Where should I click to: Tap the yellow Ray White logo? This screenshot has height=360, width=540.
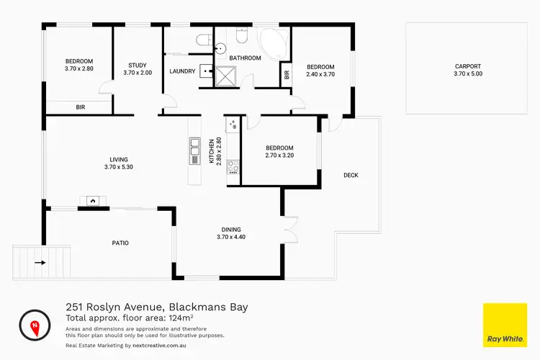click(x=503, y=325)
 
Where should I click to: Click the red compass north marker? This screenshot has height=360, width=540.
click(x=34, y=326)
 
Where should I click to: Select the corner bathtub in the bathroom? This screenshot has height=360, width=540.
click(x=271, y=42)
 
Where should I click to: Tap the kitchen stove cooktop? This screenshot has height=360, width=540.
click(x=233, y=167)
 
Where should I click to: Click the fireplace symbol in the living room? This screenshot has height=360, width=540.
click(x=92, y=201)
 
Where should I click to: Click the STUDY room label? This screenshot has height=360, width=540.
click(x=137, y=64)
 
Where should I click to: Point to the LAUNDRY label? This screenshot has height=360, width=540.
click(x=182, y=71)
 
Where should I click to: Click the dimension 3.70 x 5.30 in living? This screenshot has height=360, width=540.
click(x=118, y=167)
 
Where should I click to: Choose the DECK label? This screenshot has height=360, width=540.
click(x=351, y=175)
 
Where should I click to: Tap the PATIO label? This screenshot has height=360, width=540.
click(x=120, y=243)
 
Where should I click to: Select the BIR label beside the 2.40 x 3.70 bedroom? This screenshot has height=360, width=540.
click(x=287, y=74)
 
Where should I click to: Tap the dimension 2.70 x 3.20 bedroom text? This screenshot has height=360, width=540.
click(x=279, y=155)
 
